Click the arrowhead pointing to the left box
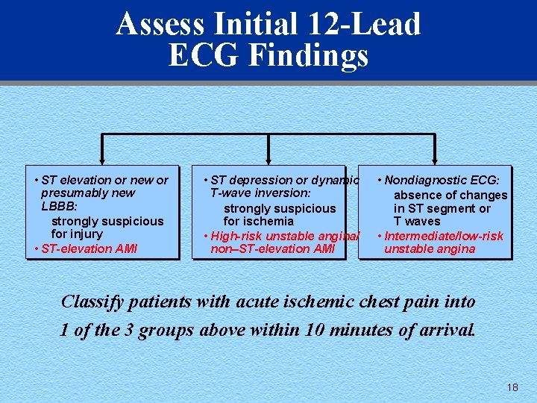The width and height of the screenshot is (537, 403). coord(102,159)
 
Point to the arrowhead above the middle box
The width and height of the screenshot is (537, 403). coord(268,159)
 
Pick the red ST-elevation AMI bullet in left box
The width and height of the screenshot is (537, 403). coord(83,249)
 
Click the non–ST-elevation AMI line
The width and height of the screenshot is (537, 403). coord(272,249)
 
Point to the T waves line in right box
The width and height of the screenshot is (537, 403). coord(417,222)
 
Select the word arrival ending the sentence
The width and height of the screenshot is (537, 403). coord(443,330)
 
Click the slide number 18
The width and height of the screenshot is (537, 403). coord(512,387)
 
